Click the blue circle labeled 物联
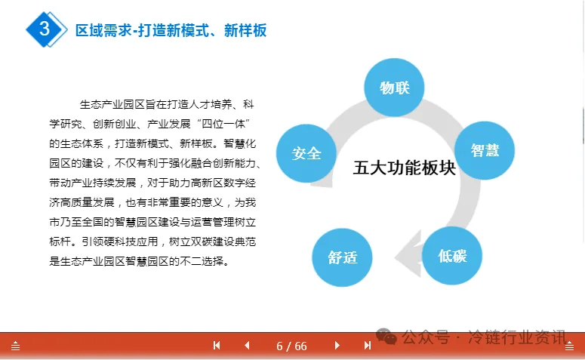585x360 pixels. pos(394,88)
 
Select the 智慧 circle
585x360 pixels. pos(485,150)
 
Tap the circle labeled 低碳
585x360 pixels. pos(452,256)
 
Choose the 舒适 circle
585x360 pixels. pos(342,257)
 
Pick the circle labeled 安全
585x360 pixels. pos(306,153)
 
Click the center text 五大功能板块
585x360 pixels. pos(405,168)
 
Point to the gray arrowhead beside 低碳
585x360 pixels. pos(408,254)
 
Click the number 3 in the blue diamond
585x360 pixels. pos(45,29)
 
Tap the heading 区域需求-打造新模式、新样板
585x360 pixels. pos(171,30)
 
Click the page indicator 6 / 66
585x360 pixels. pos(291,346)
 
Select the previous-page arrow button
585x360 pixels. pos(247,346)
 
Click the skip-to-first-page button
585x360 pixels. pos(217,346)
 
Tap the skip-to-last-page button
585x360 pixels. pos(368,346)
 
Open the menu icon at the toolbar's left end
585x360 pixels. pos(15,346)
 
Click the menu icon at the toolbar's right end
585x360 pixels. pos(569,346)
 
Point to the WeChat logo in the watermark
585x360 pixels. pos(386,337)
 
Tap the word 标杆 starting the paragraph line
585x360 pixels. pos(60,242)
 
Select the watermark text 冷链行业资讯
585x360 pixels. pos(517,337)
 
